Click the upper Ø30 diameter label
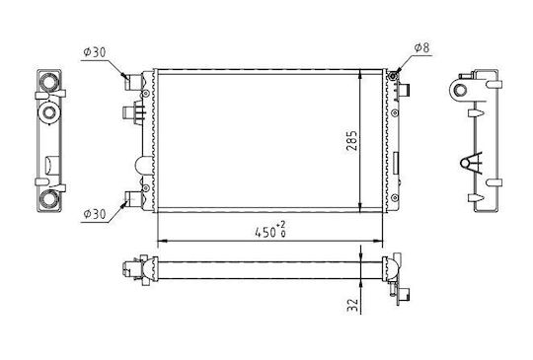[x=95, y=52]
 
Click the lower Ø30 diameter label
[x=95, y=214]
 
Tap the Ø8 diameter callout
[x=421, y=48]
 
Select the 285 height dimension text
[x=351, y=141]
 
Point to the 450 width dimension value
[x=266, y=233]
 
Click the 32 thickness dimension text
[x=352, y=305]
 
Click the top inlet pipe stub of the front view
[x=133, y=82]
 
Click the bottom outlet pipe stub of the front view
[x=133, y=198]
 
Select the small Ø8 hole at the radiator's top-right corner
[x=393, y=76]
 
